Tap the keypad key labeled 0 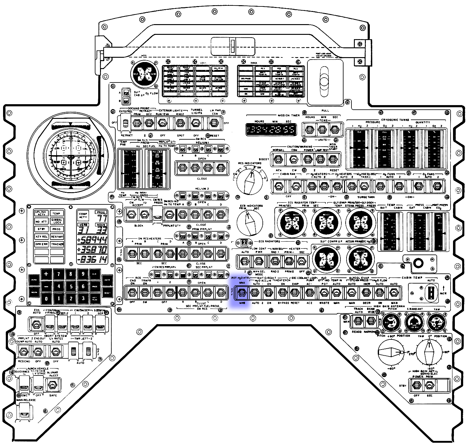click(46, 299)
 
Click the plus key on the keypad click(46, 274)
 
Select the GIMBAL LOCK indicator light click(57, 221)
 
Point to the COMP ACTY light click(83, 215)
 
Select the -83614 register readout click(92, 260)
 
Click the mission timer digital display click(271, 130)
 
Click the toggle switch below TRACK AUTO click(358, 321)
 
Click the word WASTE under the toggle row click(324, 303)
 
